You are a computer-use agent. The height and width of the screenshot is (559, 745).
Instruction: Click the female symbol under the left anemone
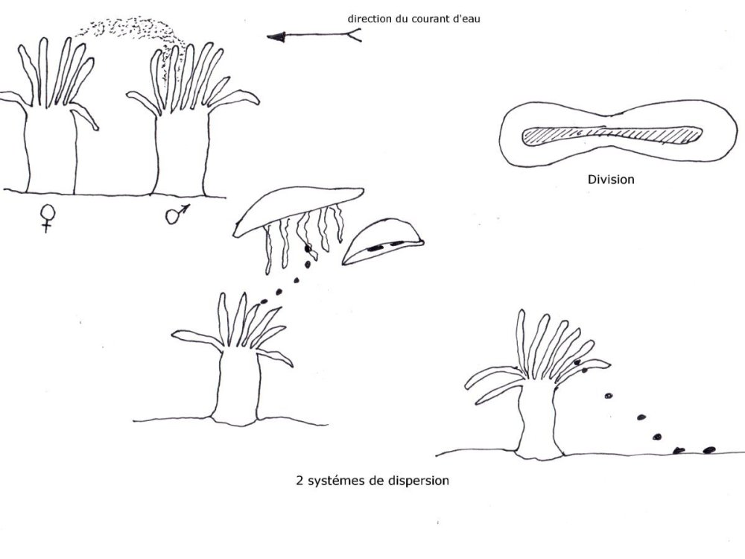click(x=48, y=217)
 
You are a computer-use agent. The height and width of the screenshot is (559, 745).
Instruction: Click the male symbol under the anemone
click(x=177, y=215)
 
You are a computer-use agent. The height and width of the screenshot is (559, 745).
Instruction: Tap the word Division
click(x=611, y=179)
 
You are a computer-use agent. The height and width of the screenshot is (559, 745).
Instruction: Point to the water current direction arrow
click(x=313, y=35)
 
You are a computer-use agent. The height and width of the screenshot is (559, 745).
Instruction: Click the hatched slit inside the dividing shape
click(x=612, y=135)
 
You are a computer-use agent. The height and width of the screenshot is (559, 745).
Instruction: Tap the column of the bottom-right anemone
click(x=540, y=421)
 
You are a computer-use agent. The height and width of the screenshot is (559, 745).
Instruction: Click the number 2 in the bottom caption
click(x=299, y=480)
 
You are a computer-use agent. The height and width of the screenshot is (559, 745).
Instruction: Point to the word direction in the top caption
click(x=370, y=19)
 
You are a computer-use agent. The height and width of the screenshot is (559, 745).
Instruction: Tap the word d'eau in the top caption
click(x=465, y=19)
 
